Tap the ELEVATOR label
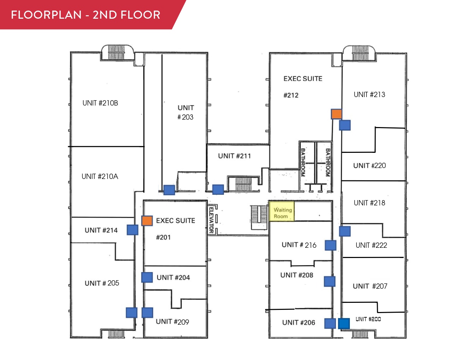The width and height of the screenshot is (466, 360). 211,220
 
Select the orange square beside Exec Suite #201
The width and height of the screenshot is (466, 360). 147,221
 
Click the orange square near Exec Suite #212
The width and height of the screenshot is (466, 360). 336,114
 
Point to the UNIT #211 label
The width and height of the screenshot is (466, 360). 234,156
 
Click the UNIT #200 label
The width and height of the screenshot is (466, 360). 368,319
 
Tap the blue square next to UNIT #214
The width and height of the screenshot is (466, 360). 132,230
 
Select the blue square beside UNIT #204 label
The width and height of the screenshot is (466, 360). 147,277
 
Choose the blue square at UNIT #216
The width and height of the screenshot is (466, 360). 330,245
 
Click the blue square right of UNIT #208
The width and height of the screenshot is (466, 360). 329,281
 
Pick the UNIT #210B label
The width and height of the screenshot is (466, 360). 100,103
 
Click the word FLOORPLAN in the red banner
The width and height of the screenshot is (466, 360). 46,15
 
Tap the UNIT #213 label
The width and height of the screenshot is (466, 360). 369,95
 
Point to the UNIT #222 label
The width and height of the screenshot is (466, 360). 371,245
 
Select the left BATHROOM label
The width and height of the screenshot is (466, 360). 303,162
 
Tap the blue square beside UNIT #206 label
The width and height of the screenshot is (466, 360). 330,323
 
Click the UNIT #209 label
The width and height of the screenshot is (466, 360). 172,322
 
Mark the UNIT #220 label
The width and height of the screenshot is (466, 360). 369,166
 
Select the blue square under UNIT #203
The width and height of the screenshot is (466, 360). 169,190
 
